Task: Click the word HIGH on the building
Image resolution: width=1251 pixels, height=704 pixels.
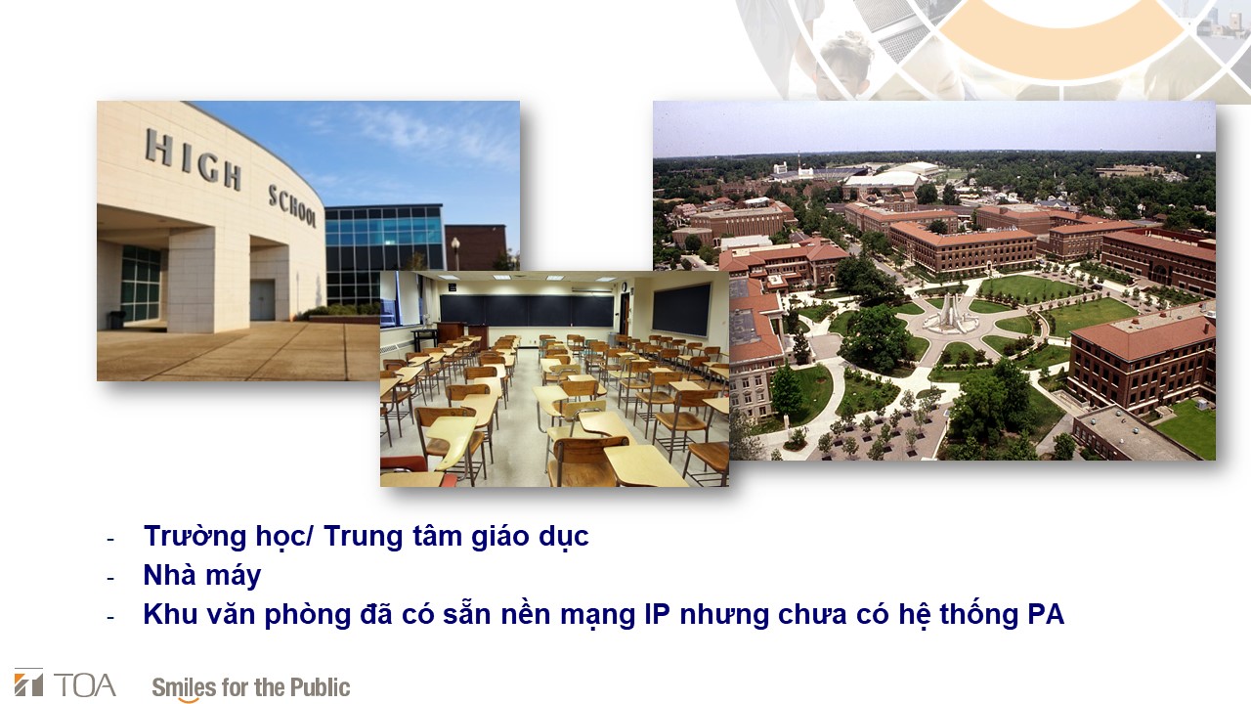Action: tap(194, 159)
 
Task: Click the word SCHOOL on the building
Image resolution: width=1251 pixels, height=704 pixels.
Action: tap(292, 205)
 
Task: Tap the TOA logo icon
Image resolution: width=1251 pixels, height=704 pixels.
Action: tap(28, 682)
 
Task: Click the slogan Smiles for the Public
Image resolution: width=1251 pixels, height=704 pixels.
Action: tap(251, 687)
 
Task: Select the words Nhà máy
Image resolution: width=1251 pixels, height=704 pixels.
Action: tap(202, 575)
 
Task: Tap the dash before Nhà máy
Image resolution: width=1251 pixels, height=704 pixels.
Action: tap(110, 578)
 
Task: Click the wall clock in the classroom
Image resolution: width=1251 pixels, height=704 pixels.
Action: tap(624, 287)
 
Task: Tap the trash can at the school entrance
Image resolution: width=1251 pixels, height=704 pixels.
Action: tap(116, 319)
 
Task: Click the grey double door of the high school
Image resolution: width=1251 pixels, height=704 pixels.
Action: tap(262, 300)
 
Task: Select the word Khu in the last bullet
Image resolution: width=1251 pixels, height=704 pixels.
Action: tap(170, 614)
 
